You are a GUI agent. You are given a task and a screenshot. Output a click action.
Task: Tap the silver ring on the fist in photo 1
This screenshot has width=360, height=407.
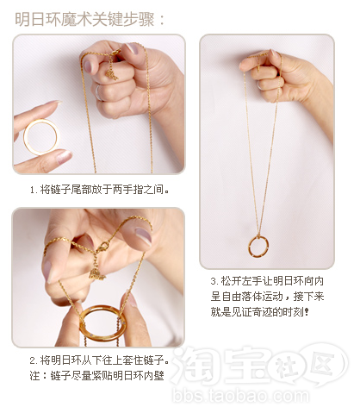pyautogui.click(x=98, y=92)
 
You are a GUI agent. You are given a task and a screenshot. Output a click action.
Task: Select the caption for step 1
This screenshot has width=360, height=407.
pyautogui.click(x=99, y=190)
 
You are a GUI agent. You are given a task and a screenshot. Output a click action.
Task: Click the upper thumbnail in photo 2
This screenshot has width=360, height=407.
pyautogui.click(x=143, y=235)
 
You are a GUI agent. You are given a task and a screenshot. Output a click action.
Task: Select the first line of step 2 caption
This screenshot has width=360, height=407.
pyautogui.click(x=98, y=360)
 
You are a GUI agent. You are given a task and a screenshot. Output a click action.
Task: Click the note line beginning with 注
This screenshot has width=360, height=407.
pyautogui.click(x=96, y=375)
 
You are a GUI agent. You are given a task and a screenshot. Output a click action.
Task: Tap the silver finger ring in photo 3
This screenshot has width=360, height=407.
pyautogui.click(x=259, y=85)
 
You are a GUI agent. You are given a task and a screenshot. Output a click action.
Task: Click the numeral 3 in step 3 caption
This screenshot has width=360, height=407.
pyautogui.click(x=214, y=281)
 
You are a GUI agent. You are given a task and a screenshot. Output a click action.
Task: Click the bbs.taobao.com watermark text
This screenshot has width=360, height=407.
pyautogui.click(x=240, y=396)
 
